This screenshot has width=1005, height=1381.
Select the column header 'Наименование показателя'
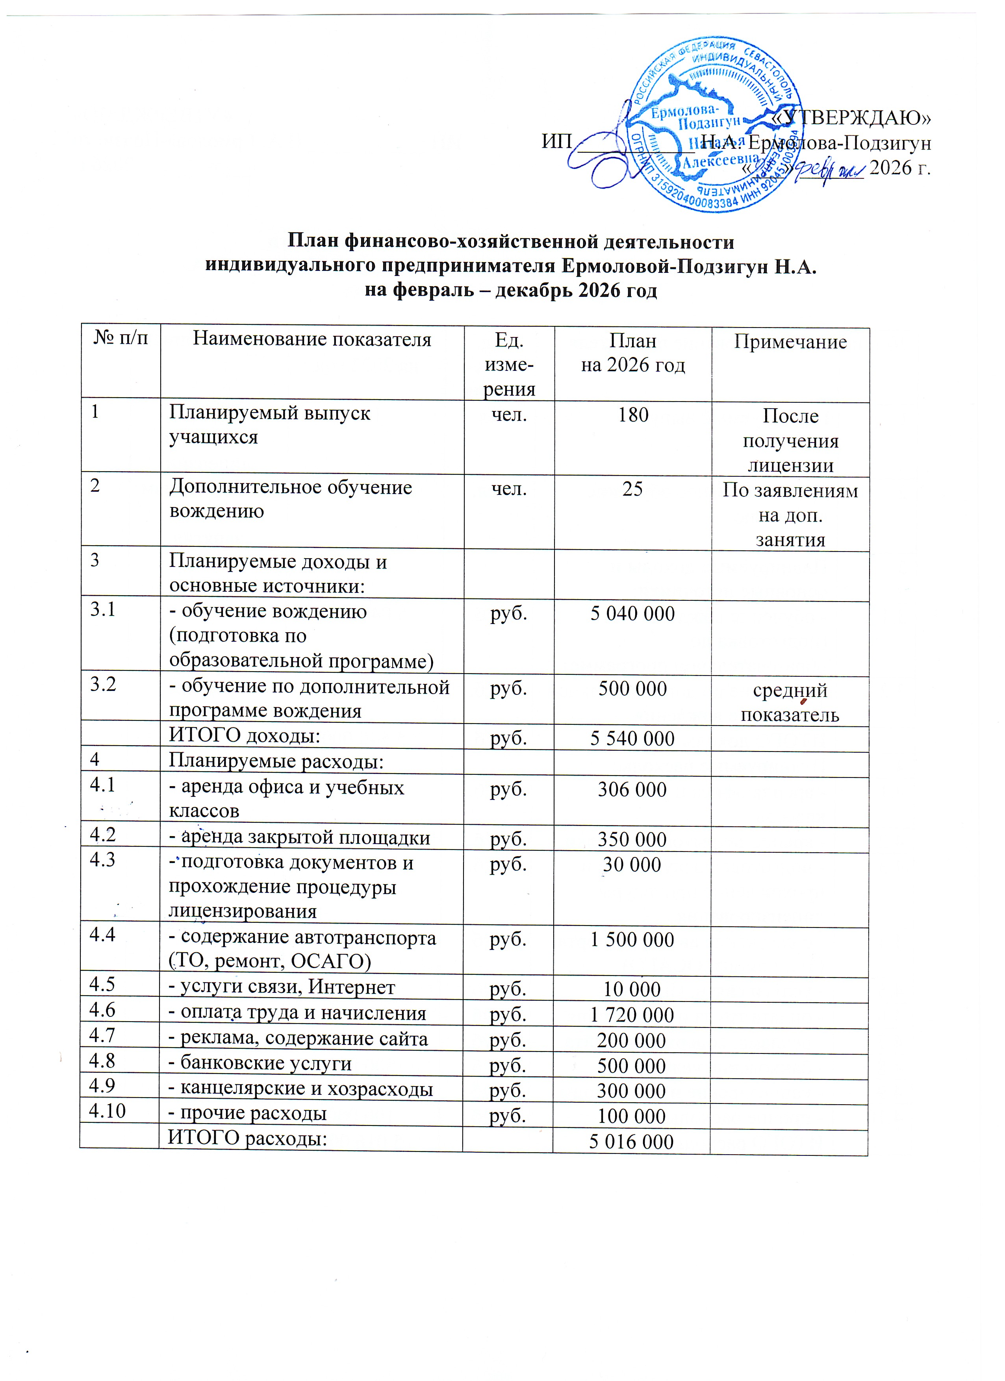pos(312,339)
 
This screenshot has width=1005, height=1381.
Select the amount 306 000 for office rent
pos(632,789)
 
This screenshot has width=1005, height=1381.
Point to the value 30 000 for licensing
pos(632,865)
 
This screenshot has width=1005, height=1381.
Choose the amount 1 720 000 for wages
pos(632,1015)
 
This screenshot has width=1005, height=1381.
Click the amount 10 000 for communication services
pos(632,989)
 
